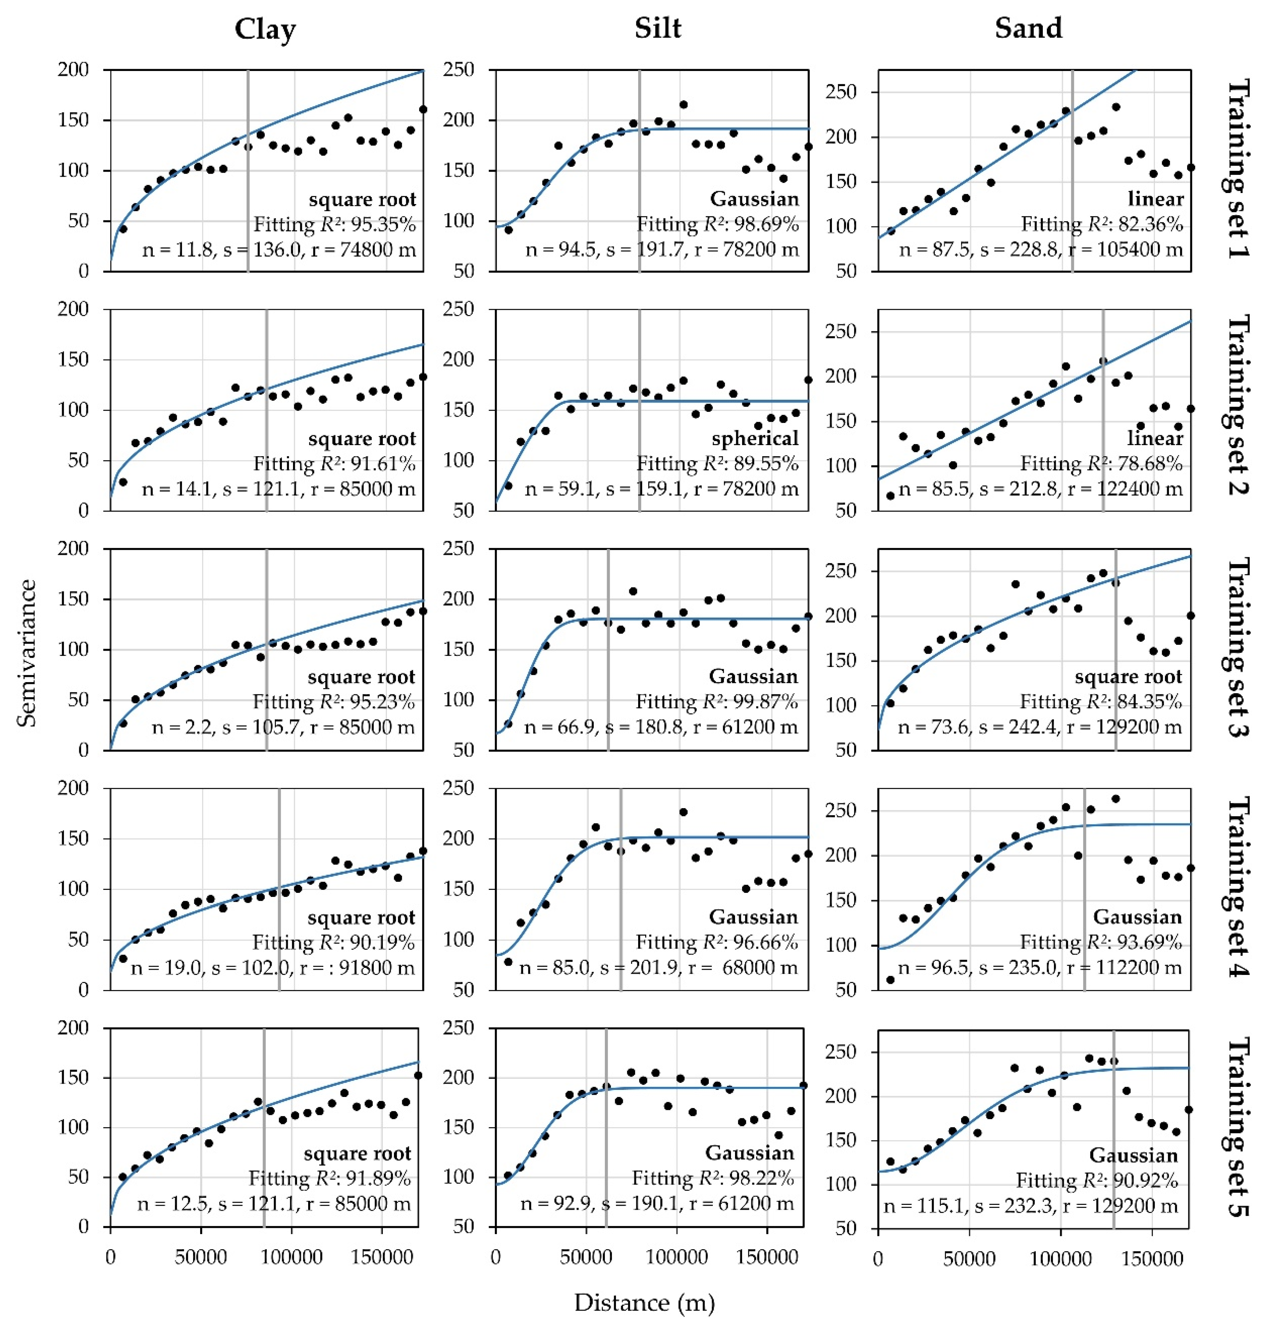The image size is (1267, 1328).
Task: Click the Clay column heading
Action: pyautogui.click(x=265, y=29)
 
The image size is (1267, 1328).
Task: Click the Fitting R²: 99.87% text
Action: pyautogui.click(x=717, y=702)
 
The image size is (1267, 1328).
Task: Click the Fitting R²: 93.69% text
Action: pyautogui.click(x=1101, y=942)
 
